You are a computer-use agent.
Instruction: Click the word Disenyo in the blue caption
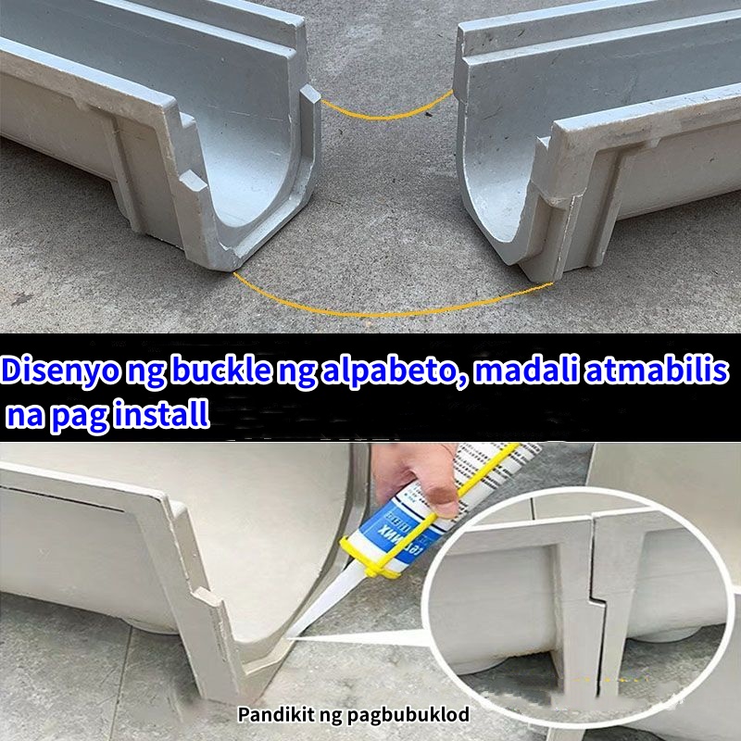[57, 370]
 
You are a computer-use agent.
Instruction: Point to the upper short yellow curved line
[386, 110]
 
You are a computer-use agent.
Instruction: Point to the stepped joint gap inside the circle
[593, 593]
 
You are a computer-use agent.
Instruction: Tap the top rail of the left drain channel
[148, 37]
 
